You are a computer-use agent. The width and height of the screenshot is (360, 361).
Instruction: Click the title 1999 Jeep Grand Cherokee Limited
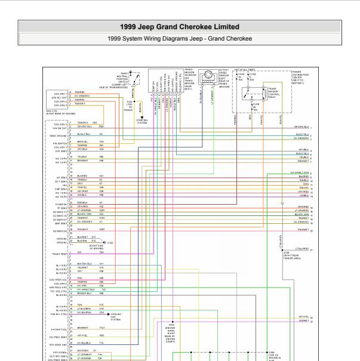pos(180,27)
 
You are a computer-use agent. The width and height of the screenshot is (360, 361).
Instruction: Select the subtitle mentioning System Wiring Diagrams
pos(180,38)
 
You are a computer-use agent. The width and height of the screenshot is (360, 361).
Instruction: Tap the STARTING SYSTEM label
pos(142,122)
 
